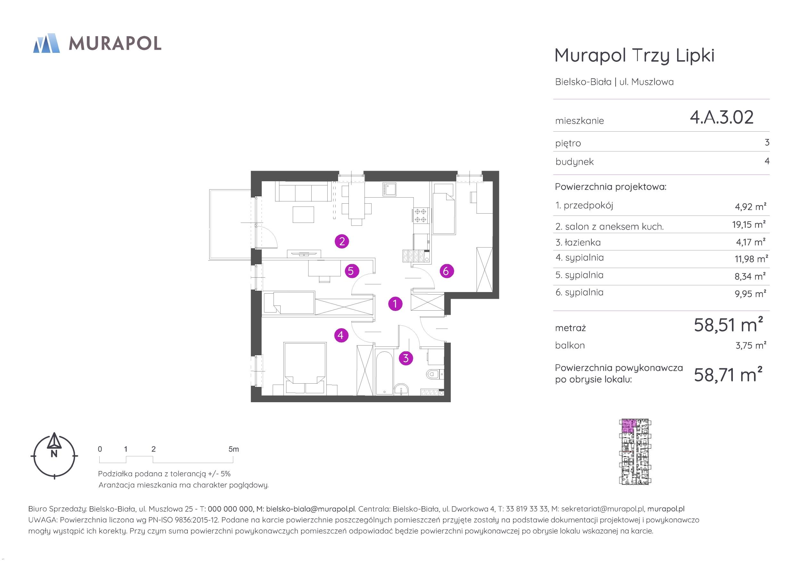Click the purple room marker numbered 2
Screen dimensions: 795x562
342,241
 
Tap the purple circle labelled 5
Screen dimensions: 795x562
351,271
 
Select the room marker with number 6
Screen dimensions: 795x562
446,271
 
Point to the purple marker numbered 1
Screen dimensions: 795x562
395,304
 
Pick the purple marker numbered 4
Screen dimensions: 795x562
341,335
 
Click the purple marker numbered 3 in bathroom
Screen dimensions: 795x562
406,358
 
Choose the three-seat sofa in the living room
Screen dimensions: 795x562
303,192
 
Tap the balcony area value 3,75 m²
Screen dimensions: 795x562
751,345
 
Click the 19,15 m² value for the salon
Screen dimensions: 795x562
749,224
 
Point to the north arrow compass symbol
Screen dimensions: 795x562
54,455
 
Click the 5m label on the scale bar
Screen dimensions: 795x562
234,449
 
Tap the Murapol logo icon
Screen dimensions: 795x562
46,43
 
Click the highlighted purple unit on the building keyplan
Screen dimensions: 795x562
627,426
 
